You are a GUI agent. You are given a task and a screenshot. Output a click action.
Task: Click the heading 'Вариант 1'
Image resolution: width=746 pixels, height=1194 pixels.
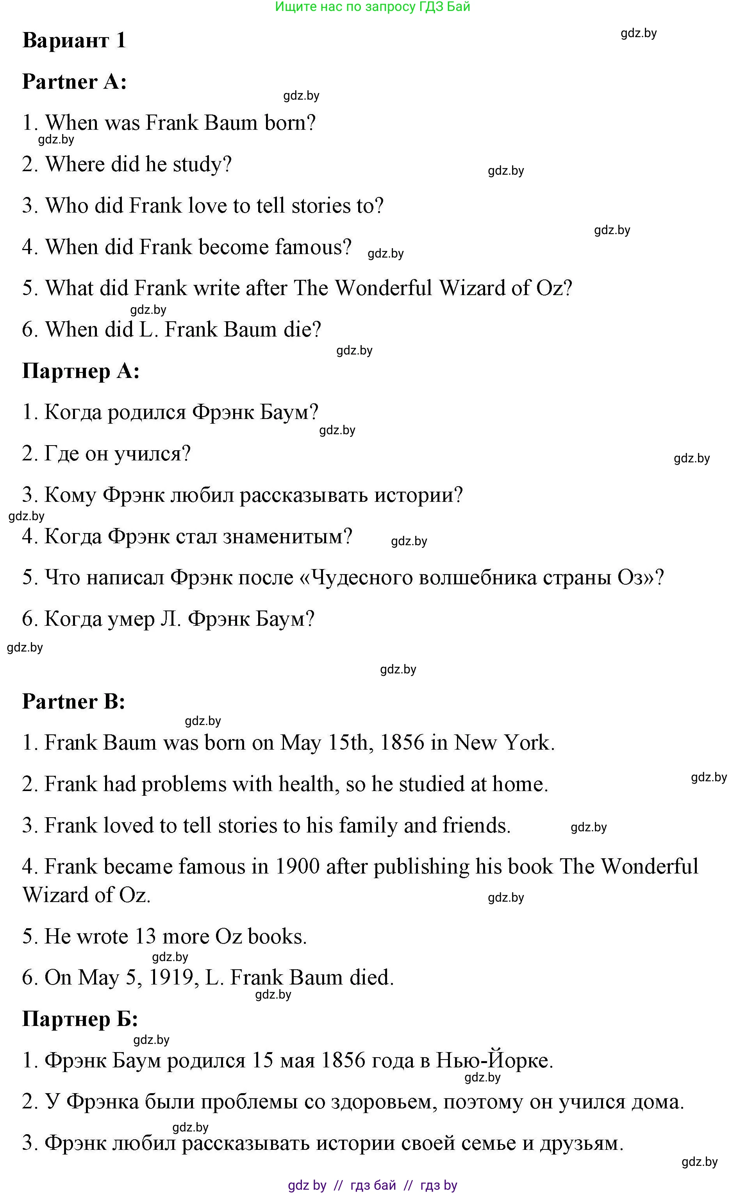click(74, 41)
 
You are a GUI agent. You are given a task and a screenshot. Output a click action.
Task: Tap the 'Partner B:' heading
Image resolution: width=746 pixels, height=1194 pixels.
click(73, 702)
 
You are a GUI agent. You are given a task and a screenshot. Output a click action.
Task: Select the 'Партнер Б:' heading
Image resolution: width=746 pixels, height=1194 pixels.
click(80, 1019)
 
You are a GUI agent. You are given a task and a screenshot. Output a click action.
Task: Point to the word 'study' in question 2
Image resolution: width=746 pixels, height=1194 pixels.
click(201, 165)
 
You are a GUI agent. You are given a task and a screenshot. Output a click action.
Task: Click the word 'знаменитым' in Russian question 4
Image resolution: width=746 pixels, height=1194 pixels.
click(287, 537)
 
